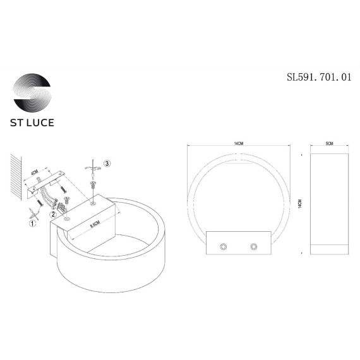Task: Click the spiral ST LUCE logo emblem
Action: [x=33, y=93]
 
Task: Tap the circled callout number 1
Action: [x=32, y=222]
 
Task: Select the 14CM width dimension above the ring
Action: [x=238, y=145]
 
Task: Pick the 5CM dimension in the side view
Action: [x=328, y=145]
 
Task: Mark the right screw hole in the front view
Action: [x=255, y=244]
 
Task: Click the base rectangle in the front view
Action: [x=238, y=244]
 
